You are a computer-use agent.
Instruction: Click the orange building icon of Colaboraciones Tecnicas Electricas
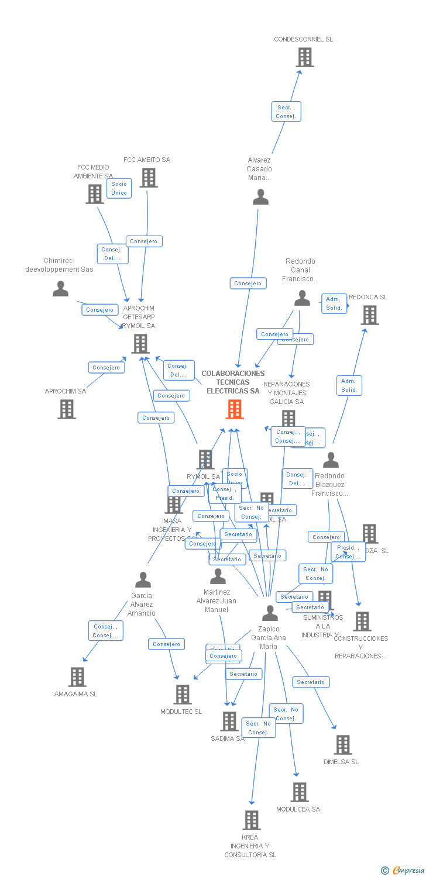tap(235, 409)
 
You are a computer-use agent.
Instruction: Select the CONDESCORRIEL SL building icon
tap(304, 57)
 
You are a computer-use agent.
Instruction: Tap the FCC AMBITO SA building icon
tap(149, 178)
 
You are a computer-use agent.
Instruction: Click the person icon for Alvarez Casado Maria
tap(260, 197)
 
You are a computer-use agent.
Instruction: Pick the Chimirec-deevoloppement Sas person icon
tap(60, 289)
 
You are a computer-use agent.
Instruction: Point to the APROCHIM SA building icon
tap(67, 409)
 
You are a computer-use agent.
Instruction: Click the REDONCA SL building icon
tap(370, 315)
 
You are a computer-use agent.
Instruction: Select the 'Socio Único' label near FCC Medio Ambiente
tap(119, 188)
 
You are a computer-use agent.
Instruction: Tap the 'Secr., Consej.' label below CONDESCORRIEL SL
tap(286, 112)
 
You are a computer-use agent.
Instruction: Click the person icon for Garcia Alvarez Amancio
tap(143, 580)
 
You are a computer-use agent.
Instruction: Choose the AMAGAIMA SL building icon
tap(77, 677)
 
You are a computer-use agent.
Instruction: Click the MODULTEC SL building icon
tap(183, 695)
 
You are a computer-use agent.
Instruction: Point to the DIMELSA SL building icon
tap(343, 745)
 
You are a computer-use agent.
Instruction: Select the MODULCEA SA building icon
tap(300, 792)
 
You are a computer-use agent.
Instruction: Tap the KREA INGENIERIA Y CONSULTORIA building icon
tap(252, 820)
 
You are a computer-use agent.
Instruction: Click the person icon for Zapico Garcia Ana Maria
tap(270, 613)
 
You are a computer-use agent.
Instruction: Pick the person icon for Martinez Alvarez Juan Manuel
tap(218, 576)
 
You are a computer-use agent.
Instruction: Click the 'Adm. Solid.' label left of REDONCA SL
tap(334, 303)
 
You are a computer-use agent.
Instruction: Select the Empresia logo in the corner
tap(403, 871)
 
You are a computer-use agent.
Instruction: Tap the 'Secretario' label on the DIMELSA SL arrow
tap(310, 682)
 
